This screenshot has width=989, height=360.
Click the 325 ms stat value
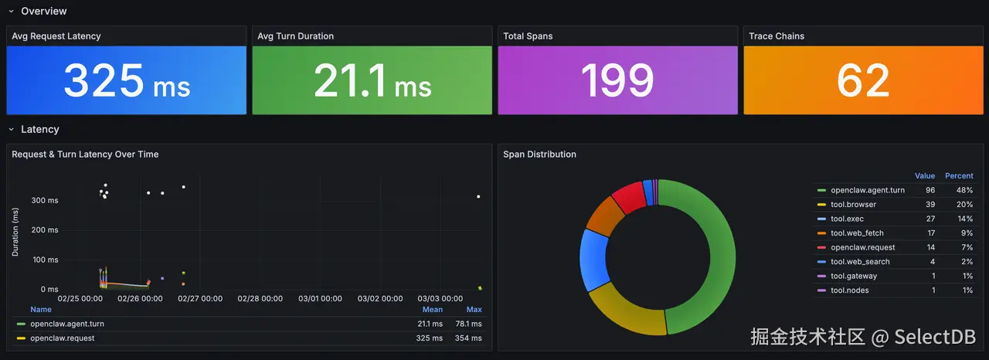[x=126, y=81]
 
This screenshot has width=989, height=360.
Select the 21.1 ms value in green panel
[x=372, y=81]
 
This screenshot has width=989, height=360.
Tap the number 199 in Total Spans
[x=617, y=81]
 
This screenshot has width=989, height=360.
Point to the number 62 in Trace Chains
[x=863, y=81]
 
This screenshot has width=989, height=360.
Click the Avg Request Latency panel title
[x=56, y=36]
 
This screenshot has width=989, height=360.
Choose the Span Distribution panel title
[x=539, y=155]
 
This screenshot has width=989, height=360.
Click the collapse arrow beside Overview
[x=11, y=12]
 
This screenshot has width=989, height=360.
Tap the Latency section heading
[x=40, y=130]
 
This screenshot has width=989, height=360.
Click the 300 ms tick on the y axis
[x=44, y=201]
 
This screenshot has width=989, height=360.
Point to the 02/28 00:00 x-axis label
[x=260, y=299]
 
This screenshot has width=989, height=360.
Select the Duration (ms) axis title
[x=15, y=231]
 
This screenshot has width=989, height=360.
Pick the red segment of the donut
[x=630, y=197]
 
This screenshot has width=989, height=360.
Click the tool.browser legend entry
[x=853, y=205]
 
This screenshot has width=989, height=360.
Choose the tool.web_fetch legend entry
[x=857, y=233]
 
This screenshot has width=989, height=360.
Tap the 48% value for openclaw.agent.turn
[x=964, y=190]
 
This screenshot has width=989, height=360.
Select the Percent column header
[x=959, y=176]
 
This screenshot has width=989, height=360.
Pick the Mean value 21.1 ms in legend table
[x=429, y=324]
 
